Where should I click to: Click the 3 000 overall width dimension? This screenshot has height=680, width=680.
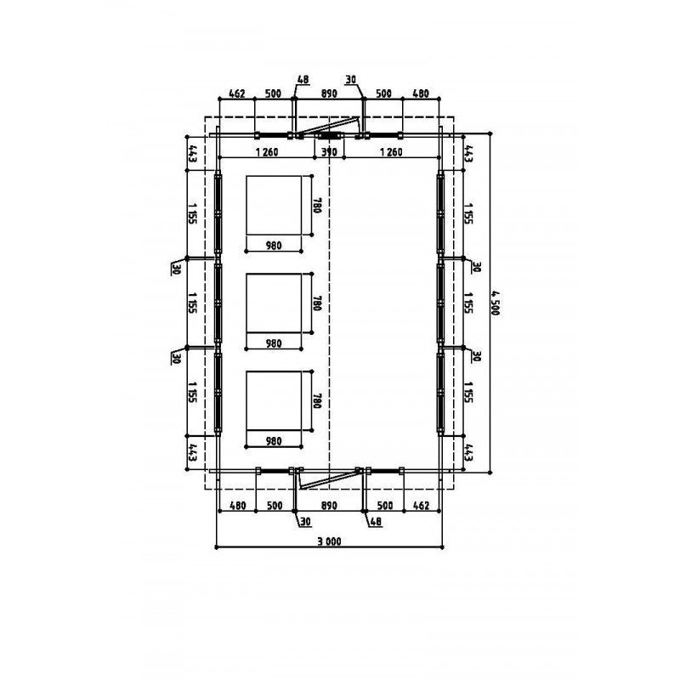[x=329, y=541]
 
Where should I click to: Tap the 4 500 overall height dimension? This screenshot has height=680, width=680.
[x=496, y=303]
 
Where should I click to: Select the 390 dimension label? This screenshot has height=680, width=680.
[x=329, y=152]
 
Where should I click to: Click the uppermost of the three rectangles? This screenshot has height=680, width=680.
[x=274, y=206]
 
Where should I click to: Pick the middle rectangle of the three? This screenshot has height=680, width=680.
[x=274, y=303]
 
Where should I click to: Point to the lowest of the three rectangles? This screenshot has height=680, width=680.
[x=274, y=400]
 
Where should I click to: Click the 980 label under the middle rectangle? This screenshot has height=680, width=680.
[x=274, y=343]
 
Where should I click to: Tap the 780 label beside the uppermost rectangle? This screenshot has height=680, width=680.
[x=317, y=206]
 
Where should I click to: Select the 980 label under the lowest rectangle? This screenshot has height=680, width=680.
[x=274, y=441]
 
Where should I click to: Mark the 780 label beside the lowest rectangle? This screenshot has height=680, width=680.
[x=317, y=400]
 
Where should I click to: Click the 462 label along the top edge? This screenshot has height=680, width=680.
[x=237, y=93]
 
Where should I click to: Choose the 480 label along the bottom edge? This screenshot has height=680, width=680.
[x=238, y=506]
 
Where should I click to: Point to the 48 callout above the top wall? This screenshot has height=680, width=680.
[x=303, y=80]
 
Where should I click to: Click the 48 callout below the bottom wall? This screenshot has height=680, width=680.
[x=376, y=521]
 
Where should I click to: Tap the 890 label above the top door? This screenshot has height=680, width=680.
[x=329, y=93]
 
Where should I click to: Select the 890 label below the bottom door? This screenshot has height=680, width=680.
[x=329, y=506]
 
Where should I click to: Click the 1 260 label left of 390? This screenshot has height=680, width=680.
[x=267, y=152]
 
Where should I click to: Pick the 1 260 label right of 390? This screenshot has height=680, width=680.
[x=391, y=152]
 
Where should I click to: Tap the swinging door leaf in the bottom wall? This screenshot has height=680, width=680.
[x=330, y=479]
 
